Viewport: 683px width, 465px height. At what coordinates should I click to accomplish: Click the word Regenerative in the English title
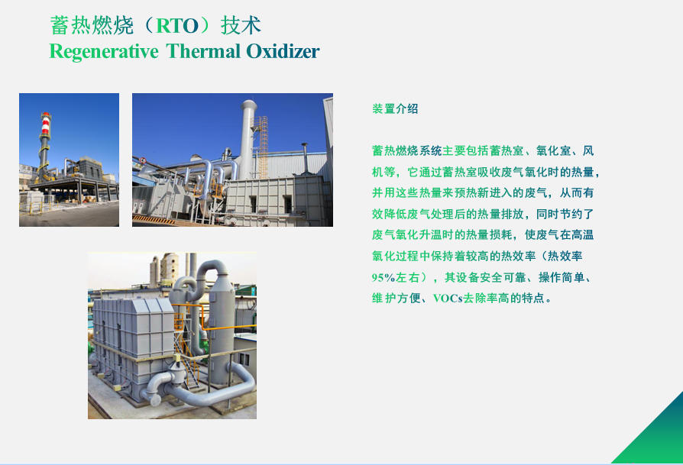pos(104,52)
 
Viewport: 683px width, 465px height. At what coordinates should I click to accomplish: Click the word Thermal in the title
pos(203,51)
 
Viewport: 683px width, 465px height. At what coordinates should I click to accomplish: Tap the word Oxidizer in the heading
pos(283,51)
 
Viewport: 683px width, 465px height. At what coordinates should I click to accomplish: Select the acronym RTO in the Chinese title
pos(176,26)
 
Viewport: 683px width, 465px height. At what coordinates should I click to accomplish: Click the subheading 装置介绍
pos(395,109)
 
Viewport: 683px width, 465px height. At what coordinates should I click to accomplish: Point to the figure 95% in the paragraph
pos(384,277)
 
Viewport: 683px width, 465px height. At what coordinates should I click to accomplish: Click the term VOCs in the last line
pos(448,299)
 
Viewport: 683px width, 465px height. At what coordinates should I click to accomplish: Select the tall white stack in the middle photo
pos(248,138)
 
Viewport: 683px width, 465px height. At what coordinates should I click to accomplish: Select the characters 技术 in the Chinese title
pos(241,25)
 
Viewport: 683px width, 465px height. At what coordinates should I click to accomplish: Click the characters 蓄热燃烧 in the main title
pos(92,25)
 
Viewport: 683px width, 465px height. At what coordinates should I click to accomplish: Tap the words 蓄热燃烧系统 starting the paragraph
pos(407,150)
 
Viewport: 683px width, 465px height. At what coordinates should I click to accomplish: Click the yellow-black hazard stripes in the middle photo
pos(154,219)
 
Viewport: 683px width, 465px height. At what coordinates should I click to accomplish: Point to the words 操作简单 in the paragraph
pos(562,277)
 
